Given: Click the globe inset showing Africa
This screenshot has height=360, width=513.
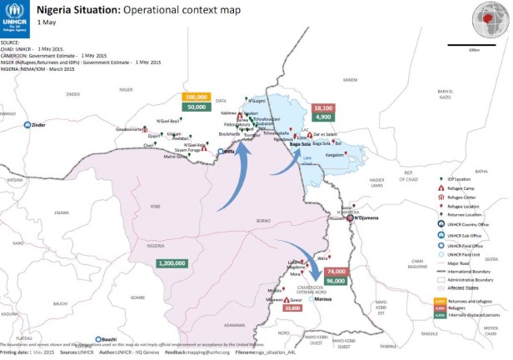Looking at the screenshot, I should pyautogui.click(x=489, y=17).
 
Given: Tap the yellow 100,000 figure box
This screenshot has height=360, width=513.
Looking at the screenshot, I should pyautogui.click(x=197, y=97).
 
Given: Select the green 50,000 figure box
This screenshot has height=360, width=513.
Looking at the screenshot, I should pyautogui.click(x=197, y=107).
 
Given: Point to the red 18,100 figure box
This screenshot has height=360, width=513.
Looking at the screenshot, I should pyautogui.click(x=323, y=108).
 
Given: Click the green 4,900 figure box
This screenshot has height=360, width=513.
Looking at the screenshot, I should pyautogui.click(x=323, y=118).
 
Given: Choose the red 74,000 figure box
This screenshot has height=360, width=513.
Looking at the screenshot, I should pyautogui.click(x=336, y=272).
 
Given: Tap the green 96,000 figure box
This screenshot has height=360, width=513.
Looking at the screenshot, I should pyautogui.click(x=336, y=282).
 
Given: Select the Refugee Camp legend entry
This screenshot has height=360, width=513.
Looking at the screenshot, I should pyautogui.click(x=464, y=188).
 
